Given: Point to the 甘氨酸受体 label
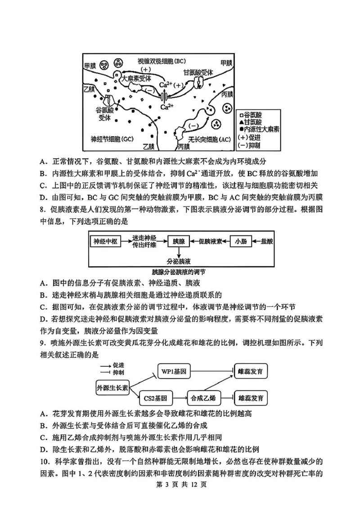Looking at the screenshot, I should tap(198, 72).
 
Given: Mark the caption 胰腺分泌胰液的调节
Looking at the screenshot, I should tap(179, 272).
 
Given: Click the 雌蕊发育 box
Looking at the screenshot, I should tap(251, 372).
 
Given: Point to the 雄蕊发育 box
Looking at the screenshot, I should tap(251, 398).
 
